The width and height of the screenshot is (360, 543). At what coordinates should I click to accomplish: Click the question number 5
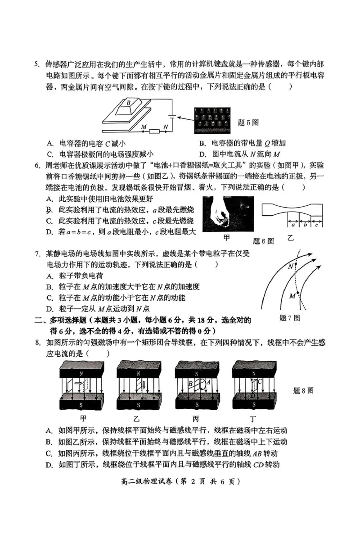(x=37, y=63)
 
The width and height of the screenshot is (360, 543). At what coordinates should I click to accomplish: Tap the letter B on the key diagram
(x=129, y=103)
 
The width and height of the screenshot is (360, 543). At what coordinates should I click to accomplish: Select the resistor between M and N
(x=154, y=131)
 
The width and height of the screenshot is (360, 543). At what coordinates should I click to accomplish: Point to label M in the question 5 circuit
(x=144, y=127)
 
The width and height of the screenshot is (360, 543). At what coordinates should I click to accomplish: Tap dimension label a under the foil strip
(x=293, y=224)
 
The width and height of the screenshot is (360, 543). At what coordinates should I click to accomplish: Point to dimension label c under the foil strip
(x=317, y=224)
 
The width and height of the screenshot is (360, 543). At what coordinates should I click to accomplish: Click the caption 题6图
(x=264, y=241)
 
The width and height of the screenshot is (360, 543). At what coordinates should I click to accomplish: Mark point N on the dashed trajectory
(x=295, y=267)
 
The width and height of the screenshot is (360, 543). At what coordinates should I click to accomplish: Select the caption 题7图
(x=289, y=318)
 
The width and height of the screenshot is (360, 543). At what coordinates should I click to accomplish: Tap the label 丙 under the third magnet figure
(x=196, y=417)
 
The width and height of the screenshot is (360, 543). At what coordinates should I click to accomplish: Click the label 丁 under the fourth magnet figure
(x=255, y=417)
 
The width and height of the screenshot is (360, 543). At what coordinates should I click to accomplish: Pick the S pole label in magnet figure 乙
(x=139, y=404)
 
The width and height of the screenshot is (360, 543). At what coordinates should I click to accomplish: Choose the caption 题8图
(x=303, y=390)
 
